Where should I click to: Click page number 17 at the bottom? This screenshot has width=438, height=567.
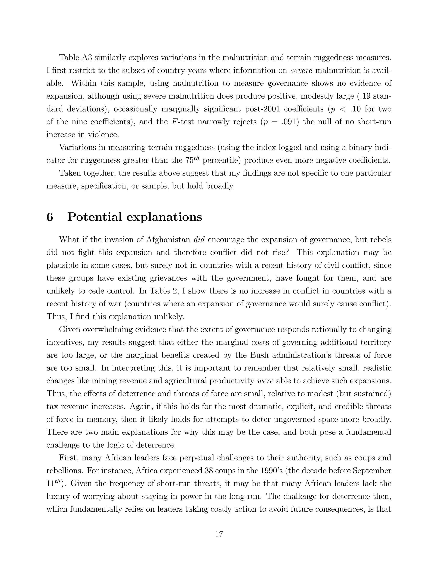click(x=219, y=534)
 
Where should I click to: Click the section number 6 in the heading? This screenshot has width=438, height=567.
click(x=50, y=217)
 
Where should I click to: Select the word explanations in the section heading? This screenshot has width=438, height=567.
click(x=164, y=217)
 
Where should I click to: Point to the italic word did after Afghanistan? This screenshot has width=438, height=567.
click(x=199, y=240)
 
